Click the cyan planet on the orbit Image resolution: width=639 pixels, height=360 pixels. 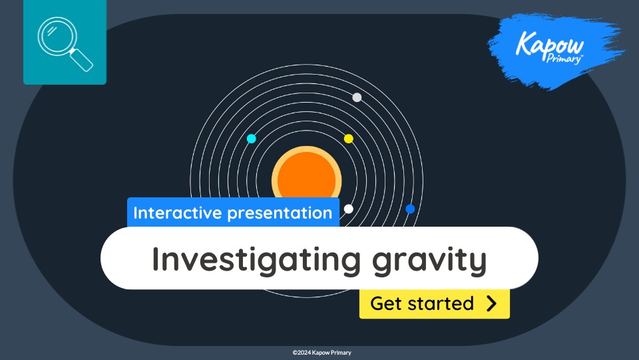[252, 139]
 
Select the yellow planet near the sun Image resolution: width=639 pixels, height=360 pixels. [348, 139]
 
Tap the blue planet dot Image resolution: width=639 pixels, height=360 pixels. [410, 209]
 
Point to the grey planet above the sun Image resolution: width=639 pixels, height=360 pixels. [357, 97]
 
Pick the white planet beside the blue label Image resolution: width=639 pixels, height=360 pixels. [348, 209]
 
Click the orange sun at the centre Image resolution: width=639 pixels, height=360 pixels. [306, 175]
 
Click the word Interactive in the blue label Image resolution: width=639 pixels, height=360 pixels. [178, 213]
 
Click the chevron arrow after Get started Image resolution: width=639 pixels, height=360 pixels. [491, 304]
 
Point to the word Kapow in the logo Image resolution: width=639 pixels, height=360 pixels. [550, 46]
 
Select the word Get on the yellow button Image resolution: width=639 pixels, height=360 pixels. [386, 304]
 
